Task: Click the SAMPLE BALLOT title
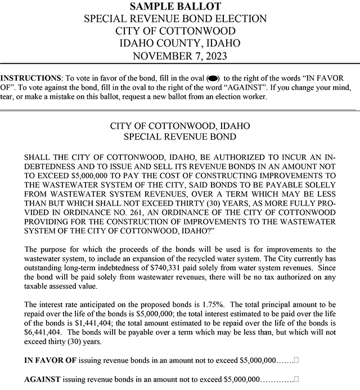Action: (179, 6)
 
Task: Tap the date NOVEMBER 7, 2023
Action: (179, 55)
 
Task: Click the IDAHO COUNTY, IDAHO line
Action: (179, 43)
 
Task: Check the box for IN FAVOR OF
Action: (296, 359)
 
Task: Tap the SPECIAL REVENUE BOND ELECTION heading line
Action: (179, 18)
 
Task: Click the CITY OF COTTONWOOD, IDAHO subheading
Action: (179, 125)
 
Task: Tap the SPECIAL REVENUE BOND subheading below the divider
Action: (179, 137)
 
